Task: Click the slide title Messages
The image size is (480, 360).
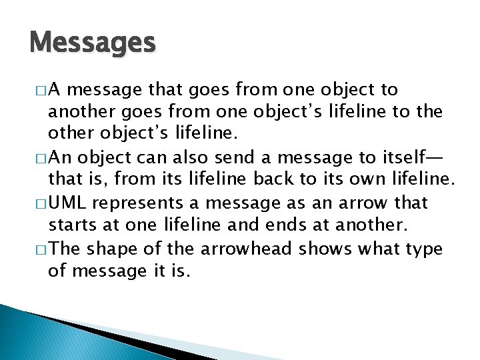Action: (x=93, y=43)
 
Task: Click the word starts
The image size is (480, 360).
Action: (x=70, y=225)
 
